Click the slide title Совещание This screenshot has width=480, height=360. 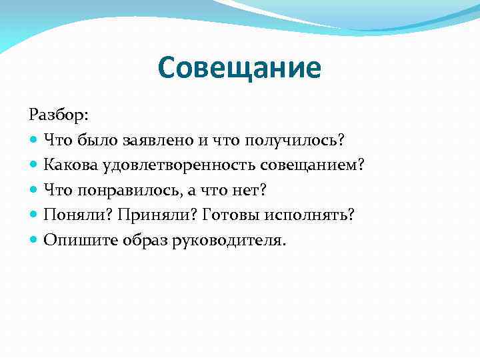coord(240,67)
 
